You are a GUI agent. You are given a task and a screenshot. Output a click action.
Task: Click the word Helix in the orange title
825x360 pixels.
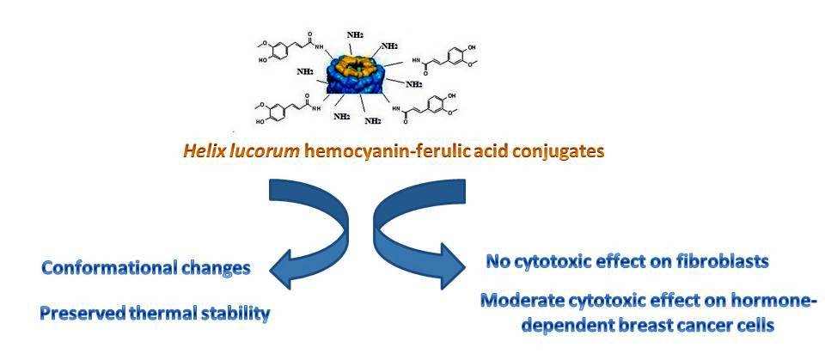click(203, 152)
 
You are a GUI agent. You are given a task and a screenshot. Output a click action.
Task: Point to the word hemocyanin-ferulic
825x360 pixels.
click(378, 152)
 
